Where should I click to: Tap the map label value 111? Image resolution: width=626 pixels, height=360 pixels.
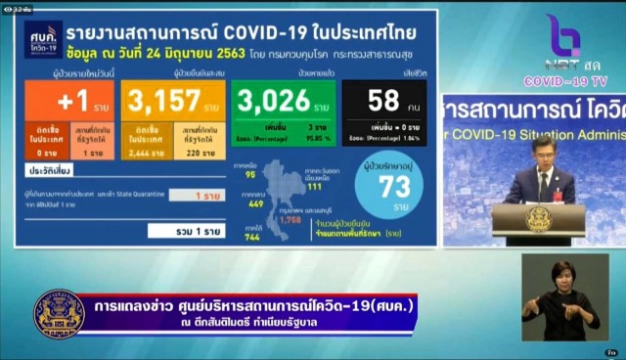tap(313, 186)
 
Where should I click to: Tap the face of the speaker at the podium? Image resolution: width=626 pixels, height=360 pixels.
tap(541, 152)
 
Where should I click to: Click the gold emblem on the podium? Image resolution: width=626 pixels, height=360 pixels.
tap(539, 217)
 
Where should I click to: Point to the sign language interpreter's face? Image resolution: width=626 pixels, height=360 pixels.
tap(562, 275)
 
